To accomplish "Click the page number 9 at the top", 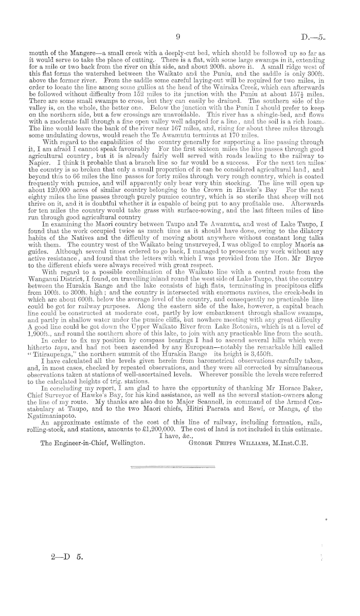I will pyautogui.click(x=177, y=37).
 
